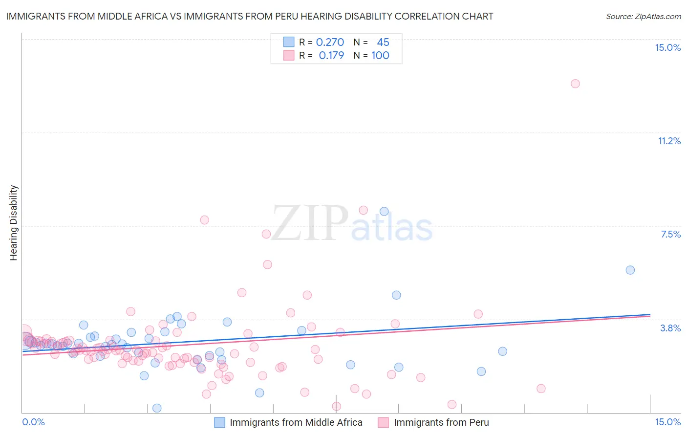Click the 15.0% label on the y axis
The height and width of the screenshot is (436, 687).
tap(667, 47)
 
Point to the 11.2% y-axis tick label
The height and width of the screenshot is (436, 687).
tap(669, 141)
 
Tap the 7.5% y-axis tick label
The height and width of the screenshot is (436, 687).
tap(670, 234)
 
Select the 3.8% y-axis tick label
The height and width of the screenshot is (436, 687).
tap(670, 328)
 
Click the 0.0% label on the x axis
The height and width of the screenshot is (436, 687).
tap(34, 422)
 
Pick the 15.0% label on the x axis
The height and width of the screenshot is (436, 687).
tap(667, 422)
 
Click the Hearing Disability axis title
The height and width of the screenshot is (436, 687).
tap(14, 223)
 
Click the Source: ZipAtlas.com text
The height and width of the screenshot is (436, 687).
tap(643, 16)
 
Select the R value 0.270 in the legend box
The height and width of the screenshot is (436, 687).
tap(330, 42)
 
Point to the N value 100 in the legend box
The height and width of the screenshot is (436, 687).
tap(380, 55)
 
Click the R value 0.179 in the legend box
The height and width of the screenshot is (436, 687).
tap(331, 55)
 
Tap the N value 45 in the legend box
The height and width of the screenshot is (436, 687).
tap(383, 42)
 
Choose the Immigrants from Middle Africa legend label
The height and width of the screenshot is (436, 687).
tap(296, 422)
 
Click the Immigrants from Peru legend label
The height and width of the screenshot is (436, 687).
tap(441, 422)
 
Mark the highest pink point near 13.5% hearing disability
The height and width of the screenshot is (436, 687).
tap(575, 84)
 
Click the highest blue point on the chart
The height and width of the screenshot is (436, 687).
tap(384, 211)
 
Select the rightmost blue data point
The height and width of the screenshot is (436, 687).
tap(630, 270)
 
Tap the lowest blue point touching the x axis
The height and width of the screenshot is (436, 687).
tap(157, 408)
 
